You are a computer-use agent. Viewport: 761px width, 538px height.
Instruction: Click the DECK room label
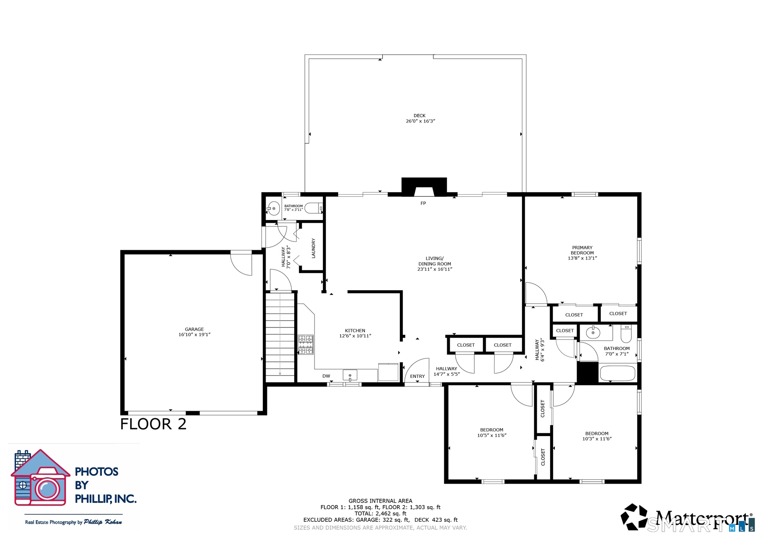pos(419,116)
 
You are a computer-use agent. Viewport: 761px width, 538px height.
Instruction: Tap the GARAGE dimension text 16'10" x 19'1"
pos(194,335)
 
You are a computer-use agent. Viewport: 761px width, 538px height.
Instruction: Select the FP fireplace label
pos(423,203)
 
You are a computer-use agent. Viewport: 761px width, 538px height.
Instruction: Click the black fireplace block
pos(424,187)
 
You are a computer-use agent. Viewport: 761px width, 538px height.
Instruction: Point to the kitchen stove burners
pos(305,345)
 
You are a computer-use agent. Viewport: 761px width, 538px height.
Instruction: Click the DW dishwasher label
pos(326,376)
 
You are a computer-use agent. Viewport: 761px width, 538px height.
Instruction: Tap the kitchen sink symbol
pos(350,375)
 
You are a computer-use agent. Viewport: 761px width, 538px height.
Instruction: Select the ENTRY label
pos(417,376)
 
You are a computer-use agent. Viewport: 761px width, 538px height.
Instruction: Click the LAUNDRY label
pos(313,249)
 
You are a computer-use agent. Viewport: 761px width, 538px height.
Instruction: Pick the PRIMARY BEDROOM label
pos(582,250)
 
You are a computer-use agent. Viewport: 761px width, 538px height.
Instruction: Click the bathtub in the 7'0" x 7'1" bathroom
pos(617,373)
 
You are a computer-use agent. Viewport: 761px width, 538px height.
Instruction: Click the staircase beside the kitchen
pos(280,337)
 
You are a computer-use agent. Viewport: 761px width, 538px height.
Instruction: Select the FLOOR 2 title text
pos(153,424)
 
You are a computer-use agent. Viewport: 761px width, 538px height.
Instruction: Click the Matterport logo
pos(687,517)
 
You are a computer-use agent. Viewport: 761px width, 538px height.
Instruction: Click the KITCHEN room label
pos(355,331)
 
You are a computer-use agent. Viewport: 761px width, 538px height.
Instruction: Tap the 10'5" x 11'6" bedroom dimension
pos(492,435)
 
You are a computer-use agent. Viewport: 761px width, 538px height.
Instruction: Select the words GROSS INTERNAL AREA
pos(380,501)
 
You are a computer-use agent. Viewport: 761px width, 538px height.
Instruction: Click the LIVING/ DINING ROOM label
pos(435,261)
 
